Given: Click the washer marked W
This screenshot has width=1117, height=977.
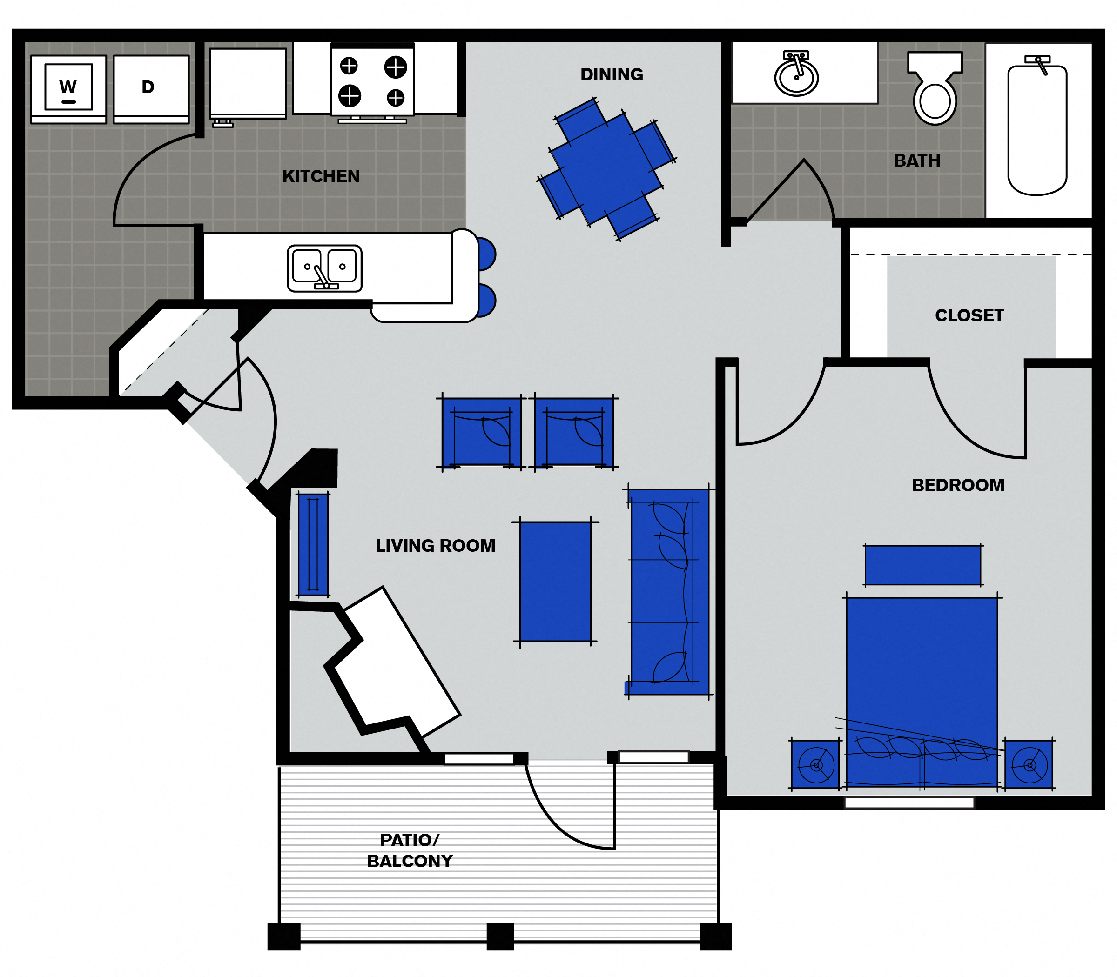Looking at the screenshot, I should click(68, 89).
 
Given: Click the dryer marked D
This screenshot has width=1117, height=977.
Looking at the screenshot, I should click(151, 89).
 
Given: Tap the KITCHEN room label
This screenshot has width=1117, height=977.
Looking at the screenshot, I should click(321, 176).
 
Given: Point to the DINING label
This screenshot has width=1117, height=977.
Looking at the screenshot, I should click(612, 74).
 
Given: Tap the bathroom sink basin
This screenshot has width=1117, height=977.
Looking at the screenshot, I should click(796, 76).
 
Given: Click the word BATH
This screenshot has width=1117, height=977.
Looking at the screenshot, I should click(917, 161).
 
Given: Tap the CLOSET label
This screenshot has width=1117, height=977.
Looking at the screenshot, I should click(969, 315).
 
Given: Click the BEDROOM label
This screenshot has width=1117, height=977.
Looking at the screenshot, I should click(958, 485).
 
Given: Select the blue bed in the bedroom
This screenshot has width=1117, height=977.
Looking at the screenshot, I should click(922, 687).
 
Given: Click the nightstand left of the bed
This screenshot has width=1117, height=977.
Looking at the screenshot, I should click(815, 764).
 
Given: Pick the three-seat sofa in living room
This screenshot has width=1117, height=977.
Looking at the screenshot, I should click(669, 591).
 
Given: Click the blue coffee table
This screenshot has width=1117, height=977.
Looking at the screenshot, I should click(555, 581).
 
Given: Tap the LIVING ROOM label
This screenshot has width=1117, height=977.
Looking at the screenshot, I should click(435, 545).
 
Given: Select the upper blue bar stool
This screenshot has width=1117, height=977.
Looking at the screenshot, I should click(486, 254).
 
